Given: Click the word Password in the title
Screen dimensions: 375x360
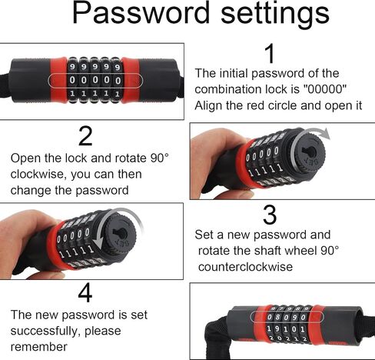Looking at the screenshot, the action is pos(141,13).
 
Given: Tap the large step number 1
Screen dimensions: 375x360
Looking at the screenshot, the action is pos(270,53).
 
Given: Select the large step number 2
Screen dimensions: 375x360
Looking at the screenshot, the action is pos(85,136).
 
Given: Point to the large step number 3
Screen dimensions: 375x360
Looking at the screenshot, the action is pos(270,215).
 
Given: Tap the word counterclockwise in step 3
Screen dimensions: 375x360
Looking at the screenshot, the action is pos(245,267).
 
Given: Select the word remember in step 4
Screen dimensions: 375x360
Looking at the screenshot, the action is pos(39,347).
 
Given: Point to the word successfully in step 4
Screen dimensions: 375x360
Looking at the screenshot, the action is pos(45,332).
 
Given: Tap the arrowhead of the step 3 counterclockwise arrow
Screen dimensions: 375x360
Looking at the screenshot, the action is pos(98,243).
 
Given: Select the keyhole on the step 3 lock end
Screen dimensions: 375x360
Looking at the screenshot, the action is pos(121,233).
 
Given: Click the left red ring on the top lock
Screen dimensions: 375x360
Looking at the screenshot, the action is pos(58,80).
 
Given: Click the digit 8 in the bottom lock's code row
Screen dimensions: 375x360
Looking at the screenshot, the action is pos(277,317).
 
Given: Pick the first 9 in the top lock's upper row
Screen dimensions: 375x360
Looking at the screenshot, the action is pos(73,67).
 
